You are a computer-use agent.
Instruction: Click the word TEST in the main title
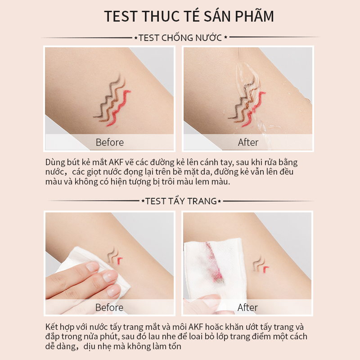click(121, 16)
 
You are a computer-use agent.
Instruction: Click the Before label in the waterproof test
click(109, 143)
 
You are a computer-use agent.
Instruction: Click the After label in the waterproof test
click(248, 143)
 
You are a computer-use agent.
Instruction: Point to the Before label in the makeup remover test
click(109, 308)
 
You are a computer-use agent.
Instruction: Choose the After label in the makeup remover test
click(248, 308)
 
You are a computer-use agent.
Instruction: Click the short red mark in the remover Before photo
click(120, 260)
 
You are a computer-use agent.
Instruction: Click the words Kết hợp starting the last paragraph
click(62, 327)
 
